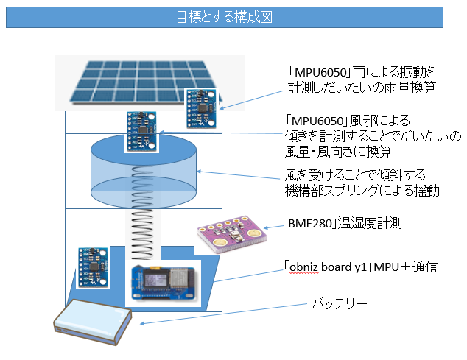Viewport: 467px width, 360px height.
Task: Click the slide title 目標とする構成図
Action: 224,18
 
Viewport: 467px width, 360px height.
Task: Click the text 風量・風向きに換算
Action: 338,151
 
